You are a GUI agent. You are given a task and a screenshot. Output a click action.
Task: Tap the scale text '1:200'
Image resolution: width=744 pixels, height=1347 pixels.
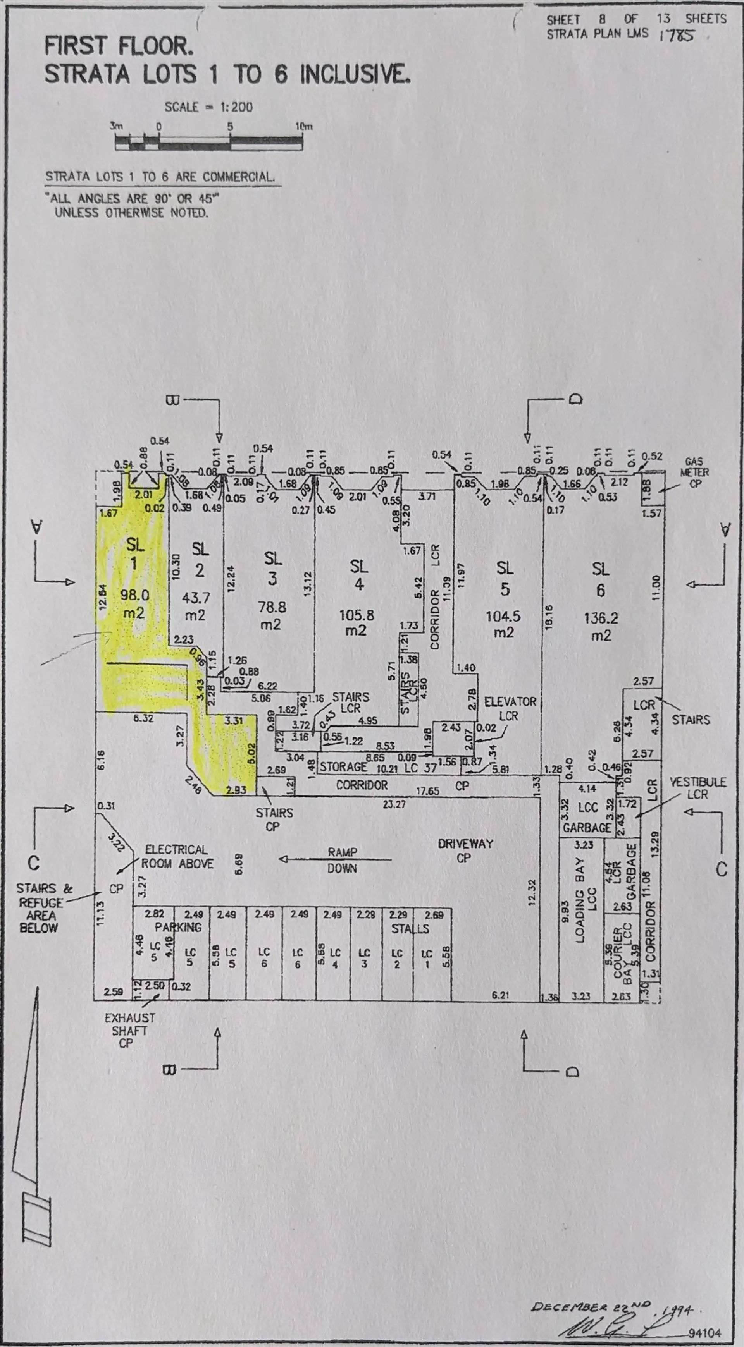(236, 107)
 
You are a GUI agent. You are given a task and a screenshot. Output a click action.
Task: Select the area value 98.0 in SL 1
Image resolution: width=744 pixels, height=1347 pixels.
(134, 594)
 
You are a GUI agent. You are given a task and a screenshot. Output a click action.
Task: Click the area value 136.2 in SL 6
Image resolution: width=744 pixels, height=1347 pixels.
(601, 618)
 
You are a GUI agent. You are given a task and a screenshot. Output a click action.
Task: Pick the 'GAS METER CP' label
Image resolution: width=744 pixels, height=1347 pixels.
(694, 473)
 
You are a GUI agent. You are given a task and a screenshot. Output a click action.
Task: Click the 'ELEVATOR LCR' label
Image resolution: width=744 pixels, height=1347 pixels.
(510, 708)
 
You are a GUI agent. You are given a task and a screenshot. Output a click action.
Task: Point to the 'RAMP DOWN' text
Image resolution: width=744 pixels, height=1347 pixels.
(342, 860)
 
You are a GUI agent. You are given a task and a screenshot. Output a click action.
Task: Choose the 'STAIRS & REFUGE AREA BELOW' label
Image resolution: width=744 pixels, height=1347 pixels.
(41, 908)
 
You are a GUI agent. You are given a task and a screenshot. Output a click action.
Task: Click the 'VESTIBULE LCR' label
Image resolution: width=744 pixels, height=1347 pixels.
(698, 788)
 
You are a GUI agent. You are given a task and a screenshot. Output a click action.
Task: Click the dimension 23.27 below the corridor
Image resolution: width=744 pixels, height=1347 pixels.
(394, 804)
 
